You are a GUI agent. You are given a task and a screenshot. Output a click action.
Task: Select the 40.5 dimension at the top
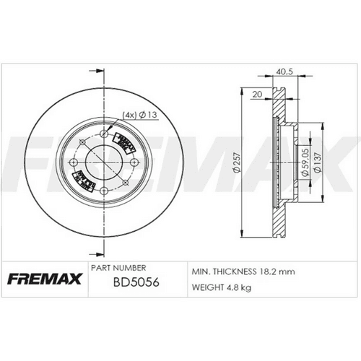coord(284,71)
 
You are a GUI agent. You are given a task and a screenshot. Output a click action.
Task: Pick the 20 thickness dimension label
coord(258,92)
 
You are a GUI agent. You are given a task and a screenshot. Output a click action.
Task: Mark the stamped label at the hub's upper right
coord(127,142)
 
